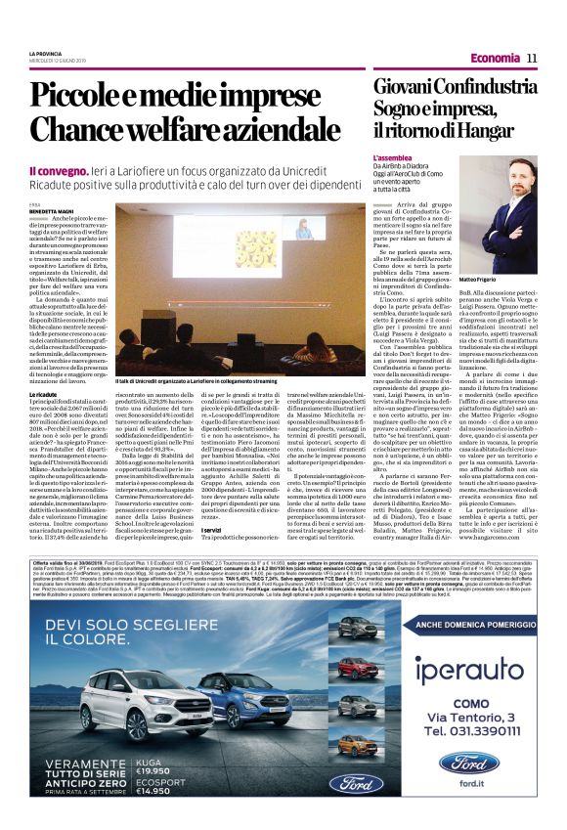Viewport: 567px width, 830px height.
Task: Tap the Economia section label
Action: pyautogui.click(x=495, y=59)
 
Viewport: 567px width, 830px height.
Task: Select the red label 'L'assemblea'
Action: pyautogui.click(x=392, y=156)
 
